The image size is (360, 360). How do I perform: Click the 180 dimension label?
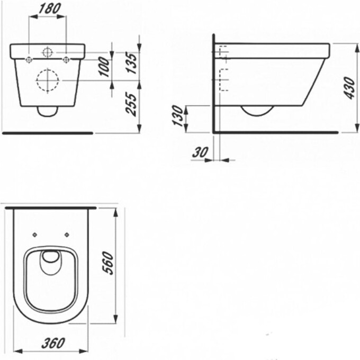tap(50, 9)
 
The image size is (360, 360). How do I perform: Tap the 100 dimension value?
tap(104, 67)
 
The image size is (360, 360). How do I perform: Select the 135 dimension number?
tap(133, 63)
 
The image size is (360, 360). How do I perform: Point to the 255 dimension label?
tap(131, 104)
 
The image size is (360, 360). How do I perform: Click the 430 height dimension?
tap(350, 88)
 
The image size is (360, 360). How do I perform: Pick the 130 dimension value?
tap(178, 116)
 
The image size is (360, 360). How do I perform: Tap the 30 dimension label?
tap(200, 152)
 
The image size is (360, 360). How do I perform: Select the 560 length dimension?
tap(107, 263)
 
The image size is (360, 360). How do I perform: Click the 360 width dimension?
tap(53, 343)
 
